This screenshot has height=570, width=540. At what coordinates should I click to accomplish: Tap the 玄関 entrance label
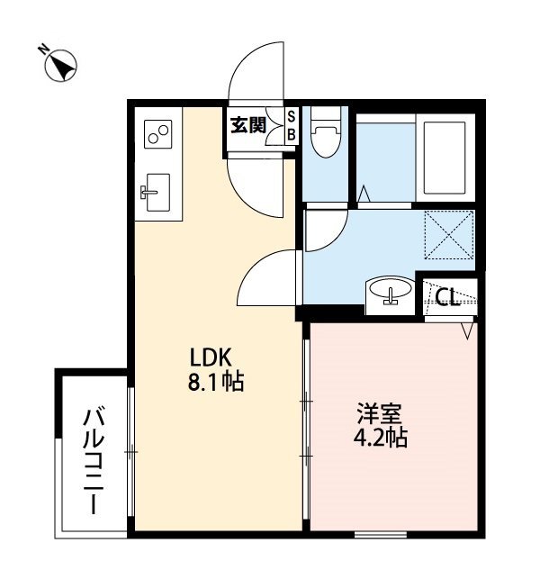tap(247, 125)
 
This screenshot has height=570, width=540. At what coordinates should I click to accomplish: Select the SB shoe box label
tap(291, 125)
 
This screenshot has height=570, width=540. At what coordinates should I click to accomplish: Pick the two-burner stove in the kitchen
tap(158, 136)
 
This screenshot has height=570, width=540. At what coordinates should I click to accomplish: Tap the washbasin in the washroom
tap(390, 293)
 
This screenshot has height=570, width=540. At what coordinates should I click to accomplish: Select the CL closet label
tap(448, 296)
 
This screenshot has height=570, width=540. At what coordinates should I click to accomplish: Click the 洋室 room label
tap(378, 417)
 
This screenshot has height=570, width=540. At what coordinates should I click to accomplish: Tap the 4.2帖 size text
tap(381, 440)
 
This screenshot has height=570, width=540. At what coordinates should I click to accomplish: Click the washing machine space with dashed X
tap(448, 233)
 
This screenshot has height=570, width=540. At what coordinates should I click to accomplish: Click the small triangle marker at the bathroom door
tap(364, 194)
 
